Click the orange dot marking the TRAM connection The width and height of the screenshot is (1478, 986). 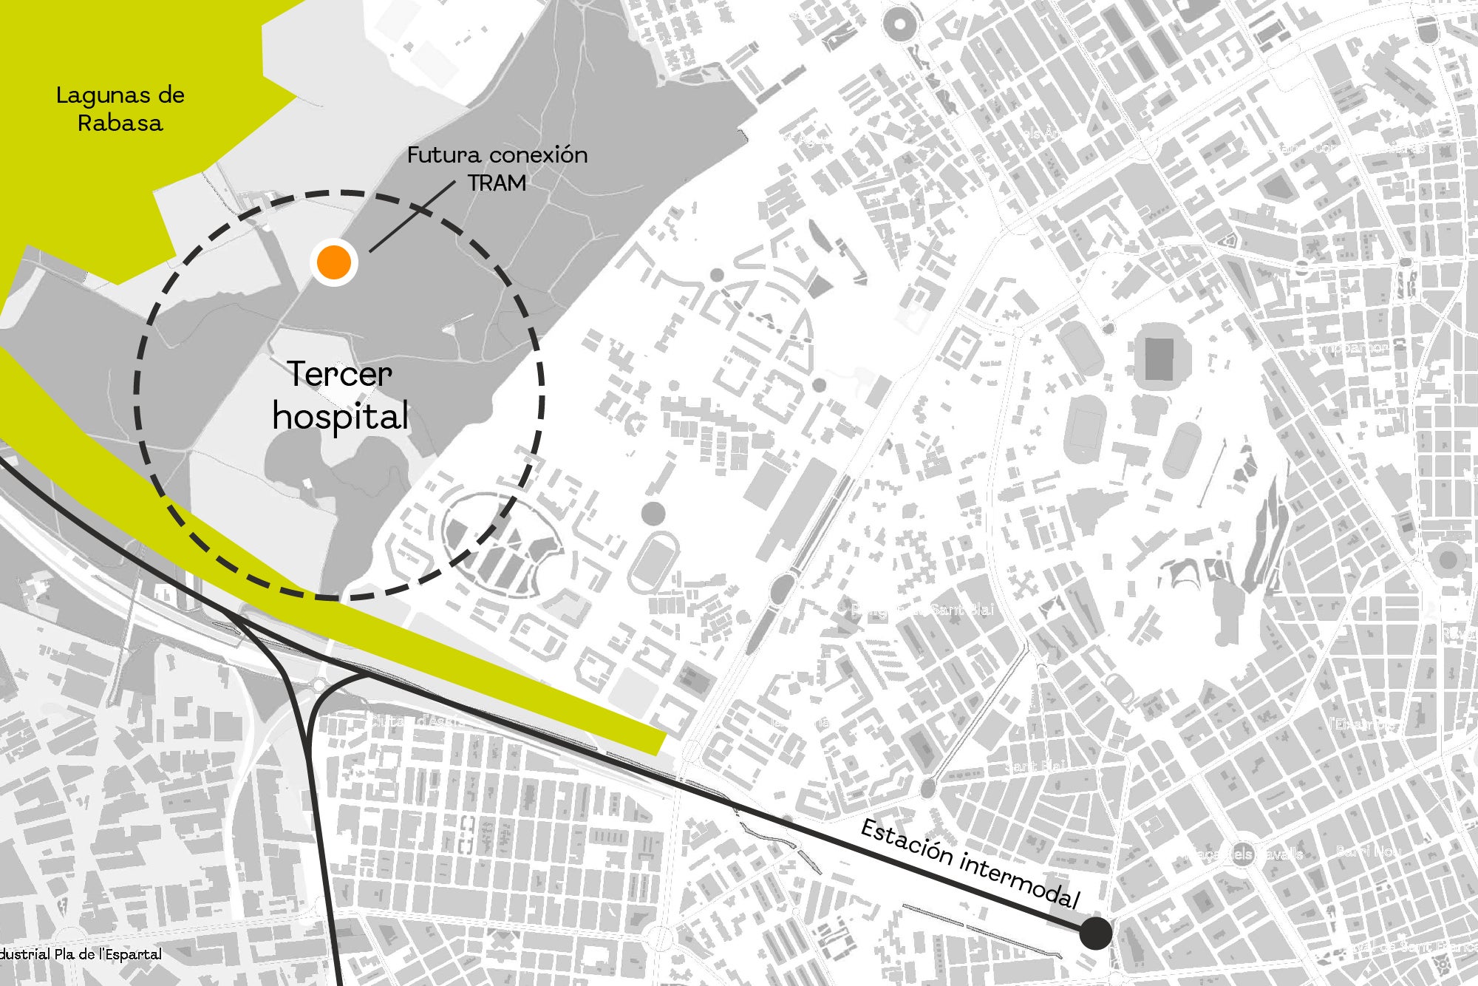click(x=334, y=262)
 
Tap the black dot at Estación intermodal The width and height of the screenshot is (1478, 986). click(x=1095, y=933)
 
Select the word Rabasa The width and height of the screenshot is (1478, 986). click(x=120, y=123)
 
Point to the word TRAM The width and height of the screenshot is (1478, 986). click(x=497, y=183)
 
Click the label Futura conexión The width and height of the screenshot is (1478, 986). click(x=497, y=155)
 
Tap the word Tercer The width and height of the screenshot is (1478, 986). click(x=339, y=374)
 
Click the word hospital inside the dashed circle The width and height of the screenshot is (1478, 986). click(x=340, y=416)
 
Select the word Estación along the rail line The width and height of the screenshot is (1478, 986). click(x=907, y=841)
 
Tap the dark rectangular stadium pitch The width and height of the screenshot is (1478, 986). click(x=1158, y=359)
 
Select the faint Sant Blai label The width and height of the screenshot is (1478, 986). click(x=1035, y=766)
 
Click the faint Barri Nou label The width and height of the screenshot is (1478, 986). click(x=1369, y=851)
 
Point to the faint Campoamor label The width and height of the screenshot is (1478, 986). click(x=1346, y=347)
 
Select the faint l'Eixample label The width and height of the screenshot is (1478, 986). click(x=1363, y=724)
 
